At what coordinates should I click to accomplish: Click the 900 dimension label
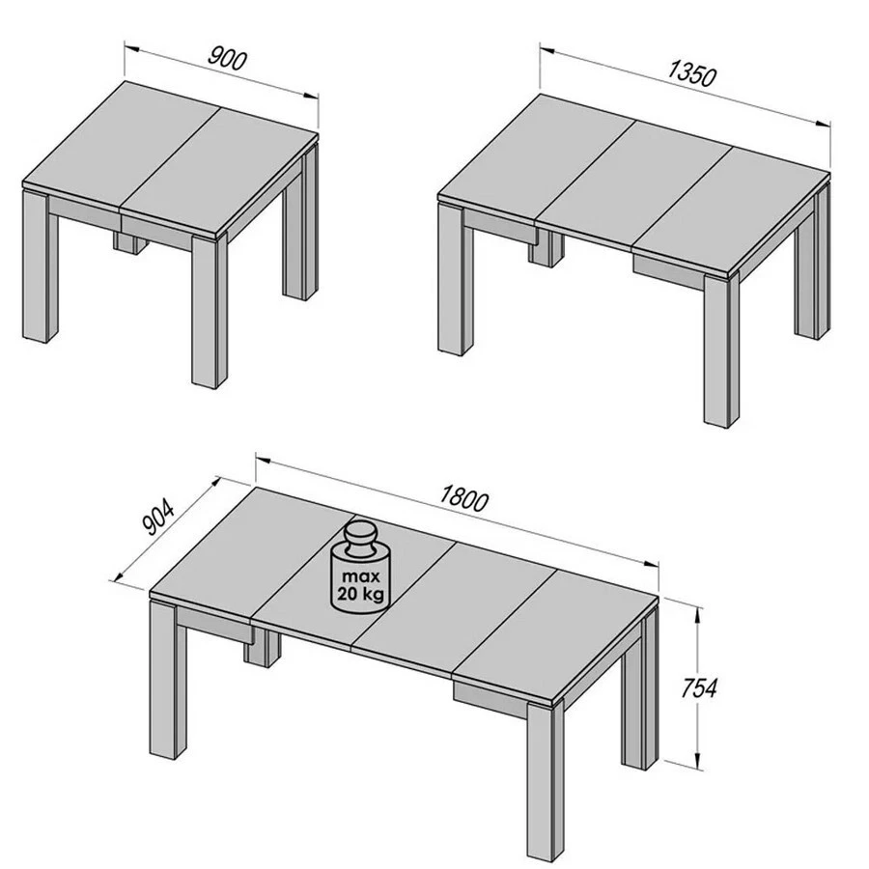click(228, 59)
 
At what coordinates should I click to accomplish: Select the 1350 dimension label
click(691, 72)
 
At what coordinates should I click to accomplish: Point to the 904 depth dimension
click(157, 519)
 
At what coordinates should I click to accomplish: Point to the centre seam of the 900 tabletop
click(169, 154)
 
